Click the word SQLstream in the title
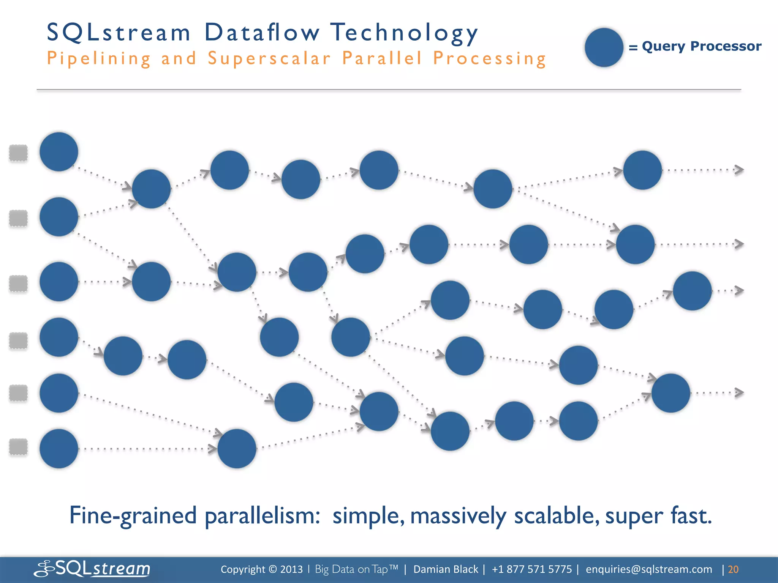[x=119, y=33]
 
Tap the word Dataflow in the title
[x=262, y=33]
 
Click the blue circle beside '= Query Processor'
[x=604, y=47]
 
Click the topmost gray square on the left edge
[x=18, y=153]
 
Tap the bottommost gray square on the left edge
[x=18, y=447]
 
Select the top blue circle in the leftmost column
[x=59, y=152]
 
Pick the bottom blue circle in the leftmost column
[x=59, y=448]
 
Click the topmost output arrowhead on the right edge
[x=738, y=170]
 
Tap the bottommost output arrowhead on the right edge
[x=738, y=392]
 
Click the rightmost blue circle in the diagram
[x=692, y=291]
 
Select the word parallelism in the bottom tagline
[x=262, y=516]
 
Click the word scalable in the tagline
[x=556, y=516]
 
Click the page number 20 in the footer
[x=733, y=569]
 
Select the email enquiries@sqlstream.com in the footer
[x=649, y=569]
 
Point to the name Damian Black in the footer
[x=446, y=569]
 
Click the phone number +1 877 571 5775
[x=531, y=569]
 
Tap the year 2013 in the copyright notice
[x=291, y=569]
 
